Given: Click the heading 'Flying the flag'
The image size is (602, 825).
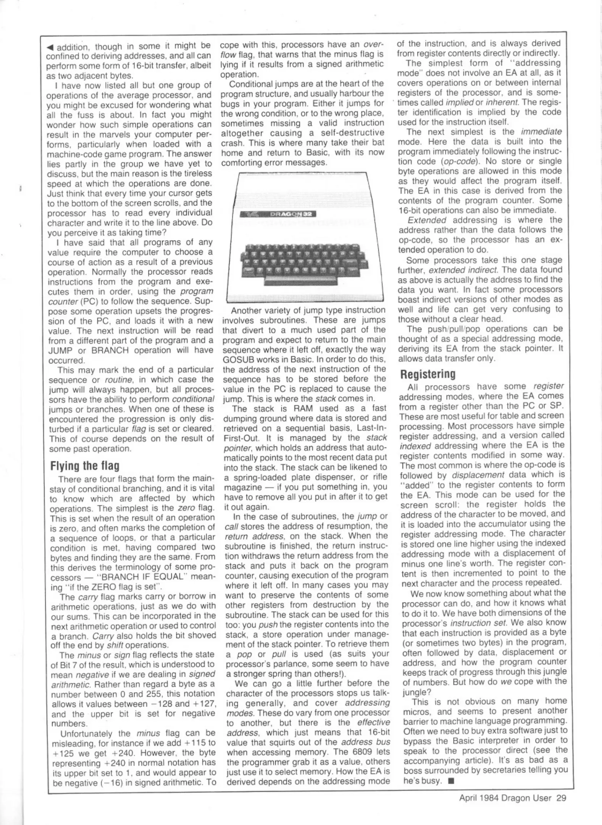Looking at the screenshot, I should click(85, 466).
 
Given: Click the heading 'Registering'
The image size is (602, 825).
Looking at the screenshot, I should click(428, 374).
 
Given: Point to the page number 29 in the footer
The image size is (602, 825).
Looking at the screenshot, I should click(561, 798).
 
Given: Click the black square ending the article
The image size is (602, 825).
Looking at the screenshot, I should click(451, 781).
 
